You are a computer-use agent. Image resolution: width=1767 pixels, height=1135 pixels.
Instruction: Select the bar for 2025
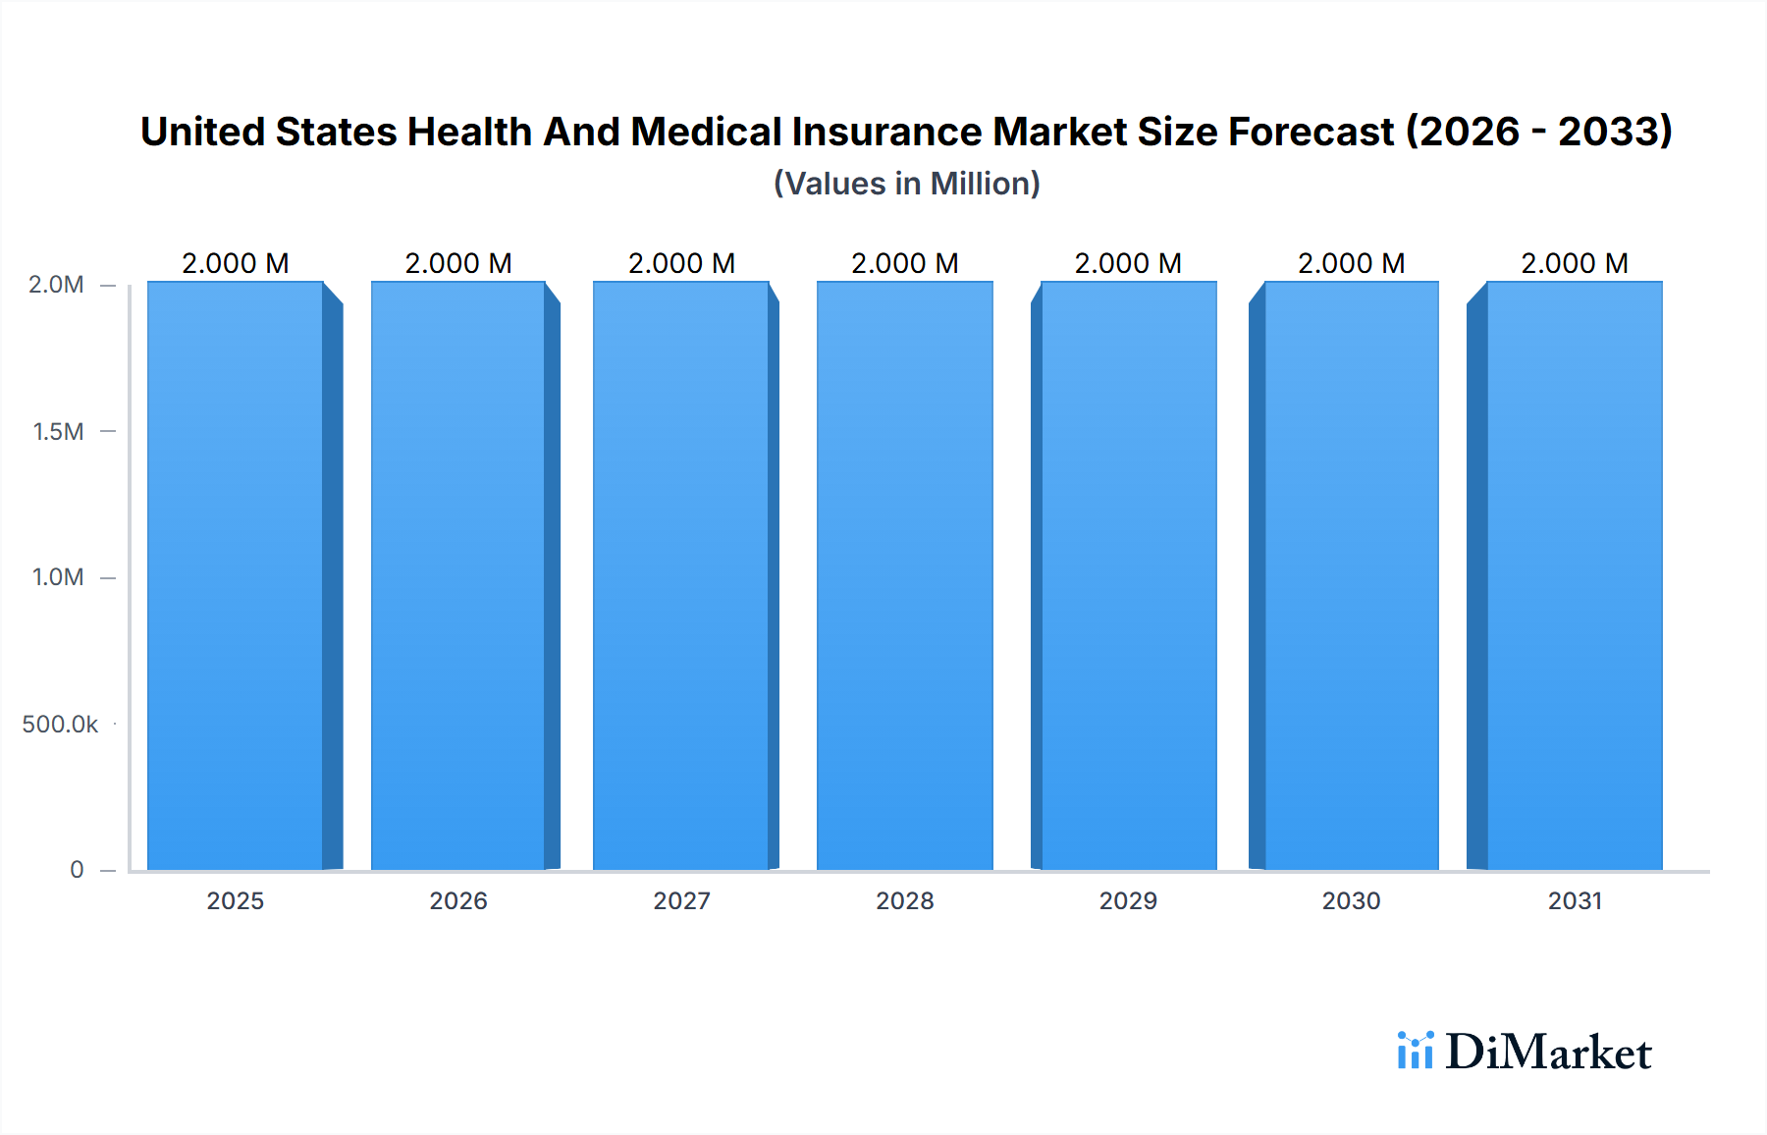[x=236, y=575]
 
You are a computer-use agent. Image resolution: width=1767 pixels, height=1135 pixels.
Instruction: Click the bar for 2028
[x=904, y=575]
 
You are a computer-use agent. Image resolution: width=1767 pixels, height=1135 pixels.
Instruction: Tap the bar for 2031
[x=1575, y=575]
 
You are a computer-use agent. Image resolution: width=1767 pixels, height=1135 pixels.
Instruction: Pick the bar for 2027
[x=681, y=575]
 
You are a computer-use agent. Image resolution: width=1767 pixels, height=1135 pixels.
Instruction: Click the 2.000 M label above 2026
[x=458, y=263]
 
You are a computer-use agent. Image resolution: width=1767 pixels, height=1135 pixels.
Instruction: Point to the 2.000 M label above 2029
[x=1128, y=263]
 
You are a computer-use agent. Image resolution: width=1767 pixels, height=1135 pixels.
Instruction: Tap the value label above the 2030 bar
[x=1351, y=263]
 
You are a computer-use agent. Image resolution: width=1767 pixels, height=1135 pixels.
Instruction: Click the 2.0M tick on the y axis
[x=56, y=285]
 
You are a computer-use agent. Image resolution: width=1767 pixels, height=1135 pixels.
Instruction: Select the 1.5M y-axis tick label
[x=58, y=431]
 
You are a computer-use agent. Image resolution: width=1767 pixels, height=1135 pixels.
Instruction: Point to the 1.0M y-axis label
[x=58, y=577]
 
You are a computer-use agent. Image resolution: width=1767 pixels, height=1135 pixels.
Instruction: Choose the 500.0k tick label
[x=60, y=724]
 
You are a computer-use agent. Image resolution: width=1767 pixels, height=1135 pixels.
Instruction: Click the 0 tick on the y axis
[x=77, y=870]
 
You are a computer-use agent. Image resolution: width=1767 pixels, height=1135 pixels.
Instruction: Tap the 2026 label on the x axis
[x=458, y=900]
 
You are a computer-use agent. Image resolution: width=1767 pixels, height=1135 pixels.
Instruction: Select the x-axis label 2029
[x=1128, y=900]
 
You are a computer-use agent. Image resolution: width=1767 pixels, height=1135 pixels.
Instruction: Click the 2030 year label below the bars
[x=1351, y=900]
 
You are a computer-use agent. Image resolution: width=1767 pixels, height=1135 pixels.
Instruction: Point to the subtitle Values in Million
[x=906, y=184]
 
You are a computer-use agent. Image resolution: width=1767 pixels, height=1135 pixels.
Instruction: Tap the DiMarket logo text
[x=1548, y=1053]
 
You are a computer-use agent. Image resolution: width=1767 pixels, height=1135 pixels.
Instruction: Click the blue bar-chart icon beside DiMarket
[x=1415, y=1051]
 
